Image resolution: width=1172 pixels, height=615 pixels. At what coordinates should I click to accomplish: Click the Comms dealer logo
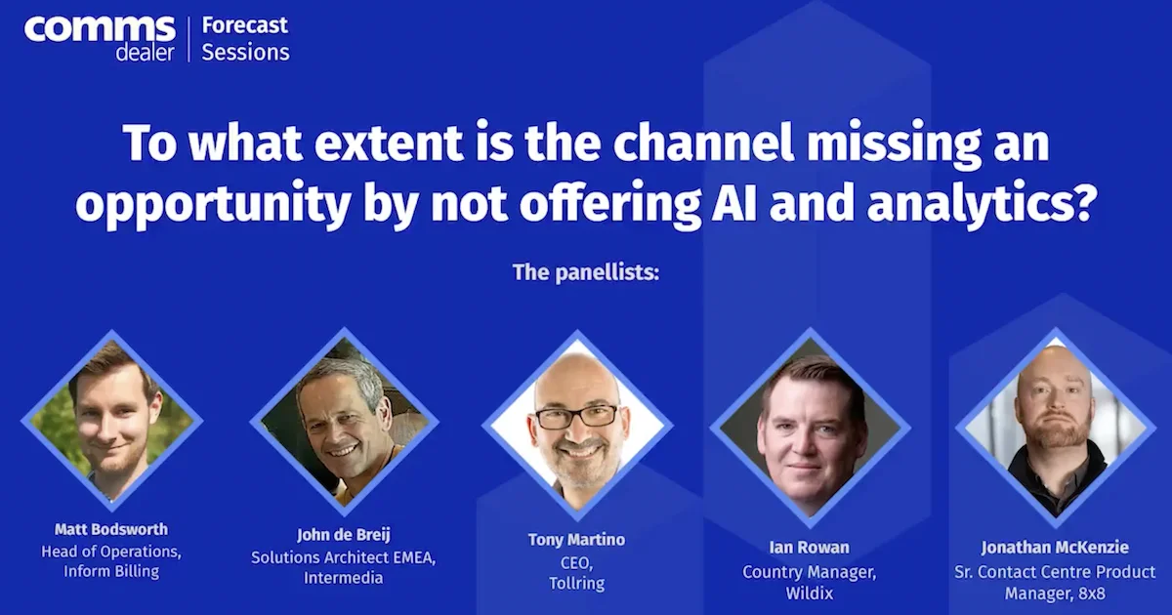tap(100, 37)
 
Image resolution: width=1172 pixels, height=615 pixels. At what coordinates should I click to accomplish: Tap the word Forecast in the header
tap(245, 25)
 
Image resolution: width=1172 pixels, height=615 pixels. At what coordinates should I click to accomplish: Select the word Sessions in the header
tap(245, 52)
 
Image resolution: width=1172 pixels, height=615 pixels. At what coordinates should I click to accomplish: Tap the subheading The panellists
tap(586, 271)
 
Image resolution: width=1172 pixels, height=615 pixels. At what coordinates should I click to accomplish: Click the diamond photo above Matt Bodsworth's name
tap(111, 421)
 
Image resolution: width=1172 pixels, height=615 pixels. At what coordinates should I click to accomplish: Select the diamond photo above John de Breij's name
tap(344, 423)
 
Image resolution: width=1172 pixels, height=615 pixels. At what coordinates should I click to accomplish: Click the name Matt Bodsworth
tap(111, 529)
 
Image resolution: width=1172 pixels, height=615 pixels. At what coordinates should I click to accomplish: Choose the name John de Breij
tap(343, 535)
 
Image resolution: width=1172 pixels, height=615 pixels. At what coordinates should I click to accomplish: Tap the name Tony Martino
tap(576, 540)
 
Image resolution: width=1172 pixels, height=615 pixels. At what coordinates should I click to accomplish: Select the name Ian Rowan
tap(810, 547)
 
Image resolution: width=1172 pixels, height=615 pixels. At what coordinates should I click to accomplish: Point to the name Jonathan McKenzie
tap(1055, 548)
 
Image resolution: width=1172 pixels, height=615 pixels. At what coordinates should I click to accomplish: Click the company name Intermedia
tap(343, 578)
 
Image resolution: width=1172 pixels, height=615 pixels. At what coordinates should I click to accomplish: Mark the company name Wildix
tap(810, 593)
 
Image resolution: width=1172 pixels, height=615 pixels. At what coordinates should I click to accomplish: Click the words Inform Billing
tap(111, 571)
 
